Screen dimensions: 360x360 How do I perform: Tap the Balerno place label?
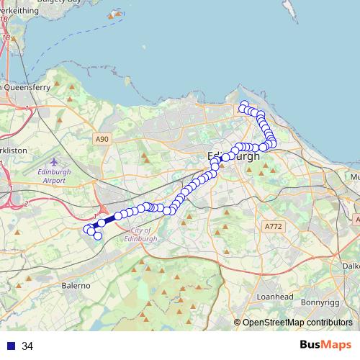pos(75,286)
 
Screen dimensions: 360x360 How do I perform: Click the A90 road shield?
pos(102,139)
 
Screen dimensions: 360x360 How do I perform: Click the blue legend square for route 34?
pos(10,346)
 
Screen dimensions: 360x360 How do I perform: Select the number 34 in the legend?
pos(27,346)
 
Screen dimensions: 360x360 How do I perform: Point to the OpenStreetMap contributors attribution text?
pos(297,323)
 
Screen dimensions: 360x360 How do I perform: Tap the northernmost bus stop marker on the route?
pos(244,104)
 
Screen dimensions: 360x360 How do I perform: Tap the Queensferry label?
pos(26,86)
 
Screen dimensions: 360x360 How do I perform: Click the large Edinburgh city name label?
pos(232,156)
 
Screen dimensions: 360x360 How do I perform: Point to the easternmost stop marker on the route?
pos(273,143)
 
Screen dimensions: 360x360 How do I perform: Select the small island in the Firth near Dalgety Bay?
pos(113,15)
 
